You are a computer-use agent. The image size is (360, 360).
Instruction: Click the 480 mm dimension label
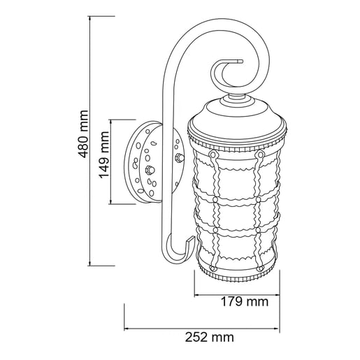(83, 144)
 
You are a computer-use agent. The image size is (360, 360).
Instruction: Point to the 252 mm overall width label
(209, 338)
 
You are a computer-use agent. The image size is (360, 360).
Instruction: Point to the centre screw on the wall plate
(149, 171)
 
